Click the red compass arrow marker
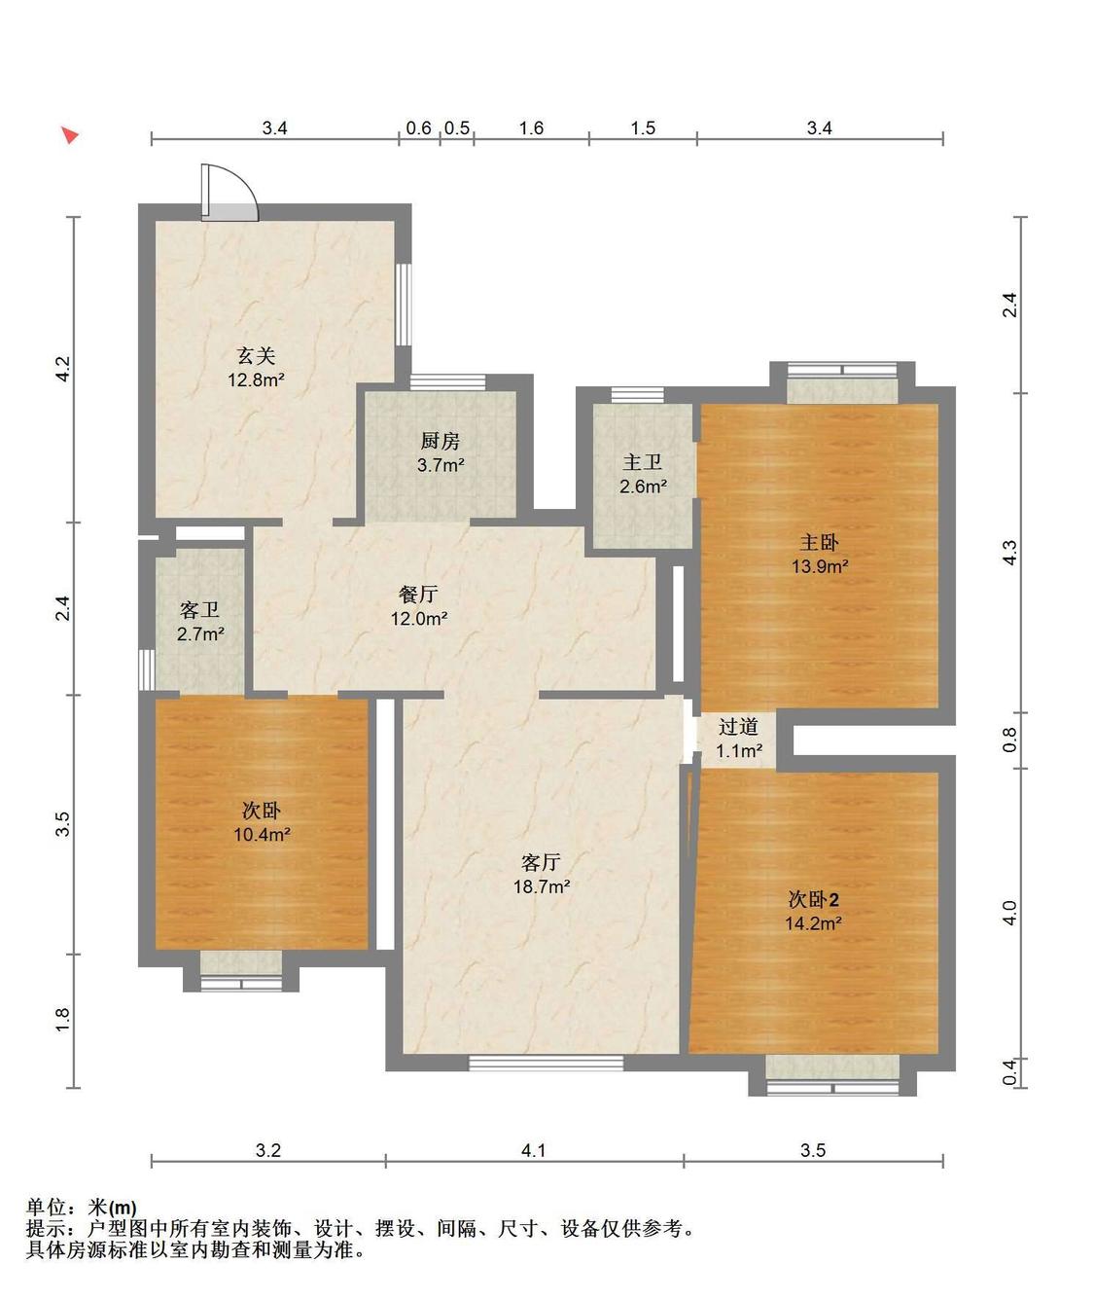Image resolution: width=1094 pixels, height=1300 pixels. click(70, 134)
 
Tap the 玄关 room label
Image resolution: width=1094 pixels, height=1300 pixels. click(256, 355)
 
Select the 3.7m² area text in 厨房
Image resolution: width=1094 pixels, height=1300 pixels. click(441, 464)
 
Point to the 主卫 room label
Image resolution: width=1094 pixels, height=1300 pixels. click(642, 462)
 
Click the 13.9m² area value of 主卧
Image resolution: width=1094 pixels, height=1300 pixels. click(820, 566)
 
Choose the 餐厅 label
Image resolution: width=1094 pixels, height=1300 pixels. click(418, 594)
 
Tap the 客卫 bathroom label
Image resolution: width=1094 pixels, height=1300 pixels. click(199, 609)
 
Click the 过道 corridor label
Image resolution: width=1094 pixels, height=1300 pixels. click(739, 727)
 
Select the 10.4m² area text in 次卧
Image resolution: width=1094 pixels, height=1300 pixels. click(262, 834)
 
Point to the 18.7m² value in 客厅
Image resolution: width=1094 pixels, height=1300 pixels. click(542, 886)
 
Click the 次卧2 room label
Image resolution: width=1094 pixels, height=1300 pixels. click(814, 900)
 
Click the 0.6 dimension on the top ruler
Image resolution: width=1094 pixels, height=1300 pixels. click(419, 128)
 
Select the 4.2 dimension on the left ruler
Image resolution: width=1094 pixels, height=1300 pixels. click(63, 369)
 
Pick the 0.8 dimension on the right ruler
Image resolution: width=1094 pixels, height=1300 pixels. click(1010, 740)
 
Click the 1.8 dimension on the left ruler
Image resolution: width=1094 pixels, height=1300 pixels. click(63, 1020)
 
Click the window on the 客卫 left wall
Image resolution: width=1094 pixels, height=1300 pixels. click(146, 669)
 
